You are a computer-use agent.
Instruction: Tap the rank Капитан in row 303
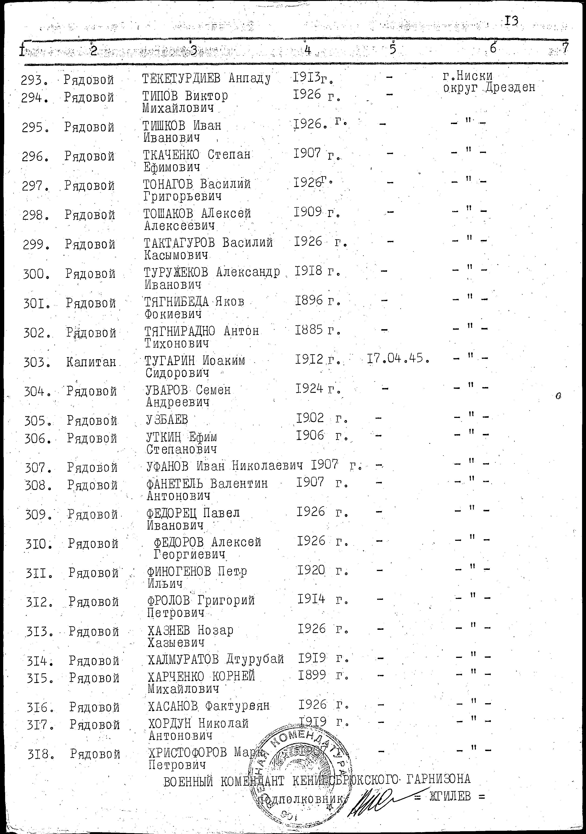(91, 362)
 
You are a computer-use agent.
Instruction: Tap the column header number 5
(393, 49)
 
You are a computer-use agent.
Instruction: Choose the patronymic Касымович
(176, 255)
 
